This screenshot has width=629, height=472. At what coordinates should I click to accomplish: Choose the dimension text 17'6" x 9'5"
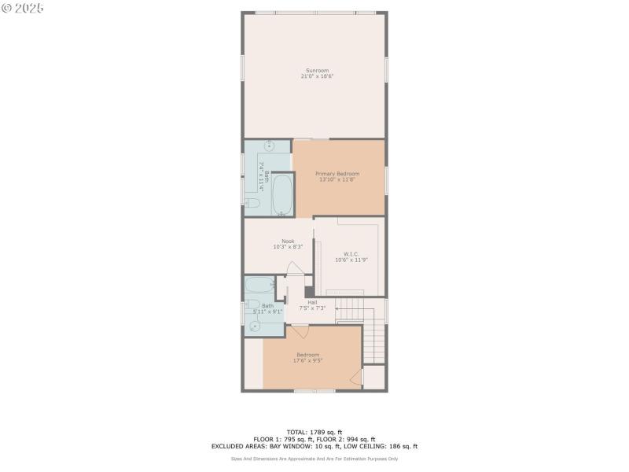pyautogui.click(x=308, y=360)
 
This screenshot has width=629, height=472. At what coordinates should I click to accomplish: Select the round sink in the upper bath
pyautogui.click(x=268, y=146)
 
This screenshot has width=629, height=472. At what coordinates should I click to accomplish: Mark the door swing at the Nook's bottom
pyautogui.click(x=294, y=267)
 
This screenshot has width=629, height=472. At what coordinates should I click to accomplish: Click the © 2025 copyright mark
pyautogui.click(x=24, y=7)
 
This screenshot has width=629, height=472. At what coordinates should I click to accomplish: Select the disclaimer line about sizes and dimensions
pyautogui.click(x=314, y=459)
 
